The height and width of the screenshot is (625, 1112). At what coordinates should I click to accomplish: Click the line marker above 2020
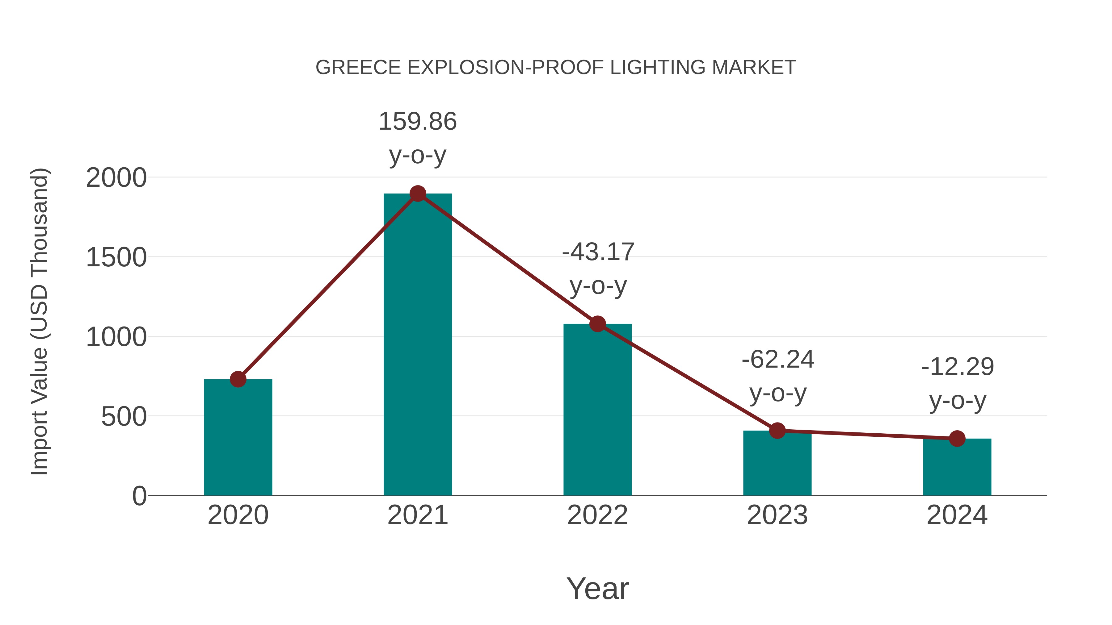coord(238,380)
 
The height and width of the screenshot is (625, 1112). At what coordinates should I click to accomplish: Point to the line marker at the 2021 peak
coord(417,194)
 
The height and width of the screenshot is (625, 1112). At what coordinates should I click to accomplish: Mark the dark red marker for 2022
coord(597,324)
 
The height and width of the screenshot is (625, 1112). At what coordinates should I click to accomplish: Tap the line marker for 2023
coord(777,431)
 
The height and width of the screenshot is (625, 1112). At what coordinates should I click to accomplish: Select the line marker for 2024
coord(957,439)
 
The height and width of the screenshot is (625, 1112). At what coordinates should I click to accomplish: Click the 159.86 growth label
coord(417,121)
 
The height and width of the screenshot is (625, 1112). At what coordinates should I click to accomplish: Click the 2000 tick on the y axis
coord(116,178)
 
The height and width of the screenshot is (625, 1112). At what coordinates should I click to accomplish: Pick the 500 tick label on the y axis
coord(124,417)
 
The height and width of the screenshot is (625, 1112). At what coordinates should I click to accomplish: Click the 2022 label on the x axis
coord(597,515)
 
